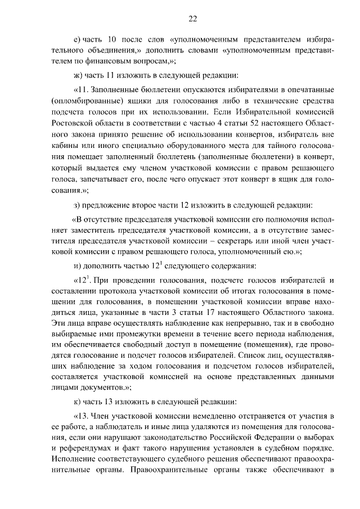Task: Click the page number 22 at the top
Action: pyautogui.click(x=192, y=18)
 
